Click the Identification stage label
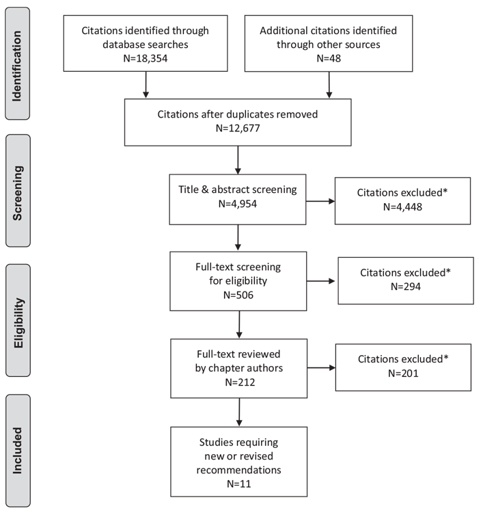point(17,66)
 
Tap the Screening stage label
point(17,193)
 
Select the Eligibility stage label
point(18,323)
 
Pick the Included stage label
point(17,451)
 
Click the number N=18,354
point(146,58)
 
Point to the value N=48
point(329,58)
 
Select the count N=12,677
point(238,128)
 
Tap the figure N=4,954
point(238,204)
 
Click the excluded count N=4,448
point(402,207)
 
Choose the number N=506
point(238,295)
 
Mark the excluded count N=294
point(406,287)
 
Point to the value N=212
point(240,382)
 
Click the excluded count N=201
point(403,373)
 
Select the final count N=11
point(239,484)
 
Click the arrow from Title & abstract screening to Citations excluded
point(320,201)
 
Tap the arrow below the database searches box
point(146,85)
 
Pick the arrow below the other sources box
point(329,85)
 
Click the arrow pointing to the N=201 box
point(322,368)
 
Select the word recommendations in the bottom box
point(238,470)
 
